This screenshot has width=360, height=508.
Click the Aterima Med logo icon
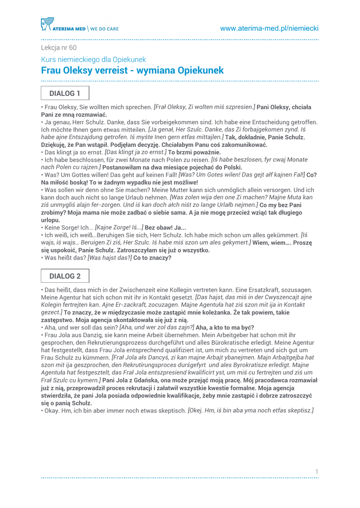pos(47,24)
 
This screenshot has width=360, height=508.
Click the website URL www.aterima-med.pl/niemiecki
pos(269,29)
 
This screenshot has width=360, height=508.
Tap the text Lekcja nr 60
pos(59,48)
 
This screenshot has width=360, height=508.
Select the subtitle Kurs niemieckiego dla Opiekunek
pos(93,60)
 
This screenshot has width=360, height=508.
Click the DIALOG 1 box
pos(65,93)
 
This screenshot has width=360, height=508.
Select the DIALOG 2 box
pos(65,276)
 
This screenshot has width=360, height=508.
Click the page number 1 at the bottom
pos(316,471)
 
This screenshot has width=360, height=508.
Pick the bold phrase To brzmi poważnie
pos(194,152)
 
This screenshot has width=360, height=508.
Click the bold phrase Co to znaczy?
pos(152,258)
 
